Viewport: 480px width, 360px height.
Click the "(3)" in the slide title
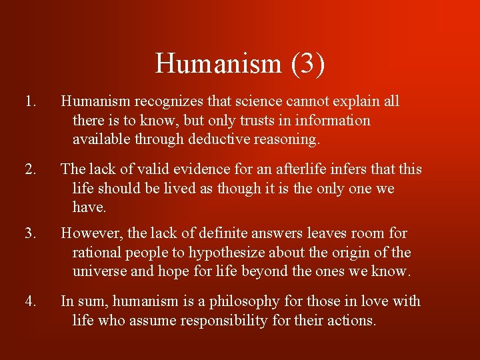[307, 64]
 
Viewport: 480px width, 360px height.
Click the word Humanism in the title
[219, 64]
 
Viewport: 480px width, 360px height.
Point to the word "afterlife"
[285, 169]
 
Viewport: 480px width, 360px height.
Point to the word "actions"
[352, 321]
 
